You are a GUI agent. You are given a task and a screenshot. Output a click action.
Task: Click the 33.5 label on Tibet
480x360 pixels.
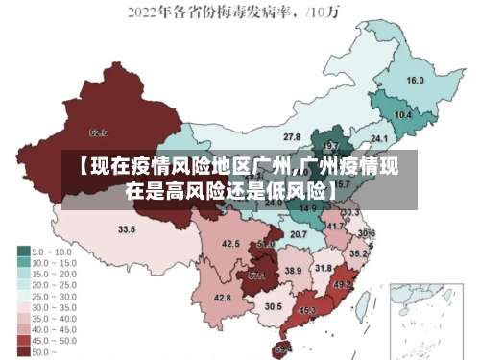127,230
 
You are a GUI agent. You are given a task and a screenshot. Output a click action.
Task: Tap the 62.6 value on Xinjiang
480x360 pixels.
98,132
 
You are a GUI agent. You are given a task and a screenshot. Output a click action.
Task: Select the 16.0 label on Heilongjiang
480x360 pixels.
415,81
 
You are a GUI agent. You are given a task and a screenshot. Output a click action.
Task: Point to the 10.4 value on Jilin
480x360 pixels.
403,115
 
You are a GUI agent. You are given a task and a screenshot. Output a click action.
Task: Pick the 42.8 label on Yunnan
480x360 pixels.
222,299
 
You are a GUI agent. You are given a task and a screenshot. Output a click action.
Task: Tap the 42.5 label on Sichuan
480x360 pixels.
230,245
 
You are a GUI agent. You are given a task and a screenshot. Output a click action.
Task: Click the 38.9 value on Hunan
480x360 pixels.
294,272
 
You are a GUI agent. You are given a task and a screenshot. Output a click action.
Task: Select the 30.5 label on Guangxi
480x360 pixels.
274,307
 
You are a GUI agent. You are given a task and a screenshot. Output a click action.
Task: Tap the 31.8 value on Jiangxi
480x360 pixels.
324,269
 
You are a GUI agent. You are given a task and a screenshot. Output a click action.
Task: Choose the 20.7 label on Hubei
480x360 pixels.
299,234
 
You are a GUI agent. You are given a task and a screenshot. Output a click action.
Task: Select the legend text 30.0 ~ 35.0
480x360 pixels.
54,306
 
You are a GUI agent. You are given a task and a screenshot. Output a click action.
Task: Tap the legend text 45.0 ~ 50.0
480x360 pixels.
54,341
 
